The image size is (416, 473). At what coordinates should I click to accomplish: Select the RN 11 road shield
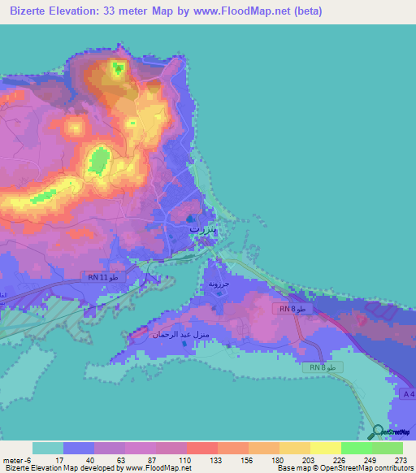point(103,277)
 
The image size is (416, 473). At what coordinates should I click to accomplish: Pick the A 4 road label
point(408,393)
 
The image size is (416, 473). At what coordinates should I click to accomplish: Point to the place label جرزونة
point(220,285)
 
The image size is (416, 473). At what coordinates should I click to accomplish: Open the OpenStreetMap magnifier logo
point(377,432)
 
